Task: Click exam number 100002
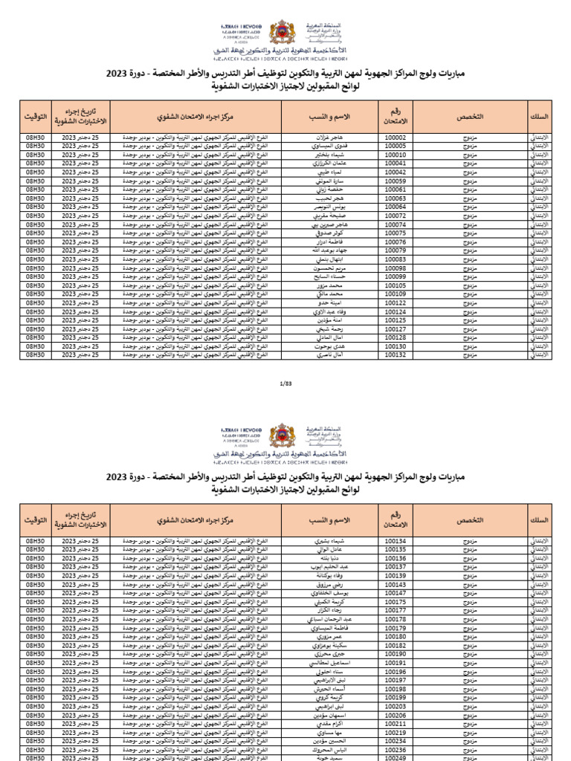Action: tap(396, 137)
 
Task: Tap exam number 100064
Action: tap(396, 207)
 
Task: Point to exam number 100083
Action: tap(396, 259)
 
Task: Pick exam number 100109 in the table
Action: tap(396, 294)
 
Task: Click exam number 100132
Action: tap(396, 355)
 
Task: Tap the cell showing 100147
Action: tap(396, 593)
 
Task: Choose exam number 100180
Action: tap(396, 637)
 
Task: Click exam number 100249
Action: tap(396, 758)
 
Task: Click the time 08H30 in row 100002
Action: tap(36, 137)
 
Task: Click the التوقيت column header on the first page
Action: tap(36, 117)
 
